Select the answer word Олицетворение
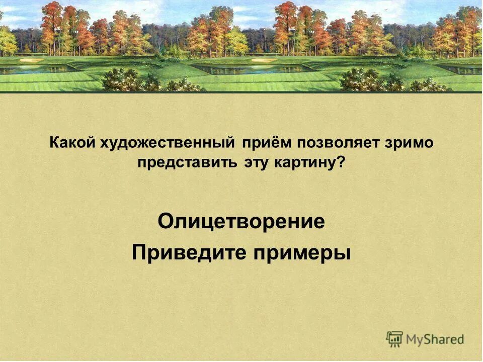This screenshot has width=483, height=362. pyautogui.click(x=242, y=222)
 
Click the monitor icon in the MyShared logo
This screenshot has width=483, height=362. pyautogui.click(x=395, y=338)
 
